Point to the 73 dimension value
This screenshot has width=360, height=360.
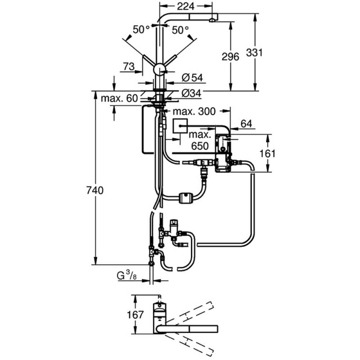coord(128,66)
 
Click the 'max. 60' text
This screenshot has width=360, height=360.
coord(119,98)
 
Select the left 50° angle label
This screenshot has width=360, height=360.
coord(141,30)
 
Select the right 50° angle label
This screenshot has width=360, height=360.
coord(181,30)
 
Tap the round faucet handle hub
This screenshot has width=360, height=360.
coord(159,70)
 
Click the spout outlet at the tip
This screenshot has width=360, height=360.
coord(212,20)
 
